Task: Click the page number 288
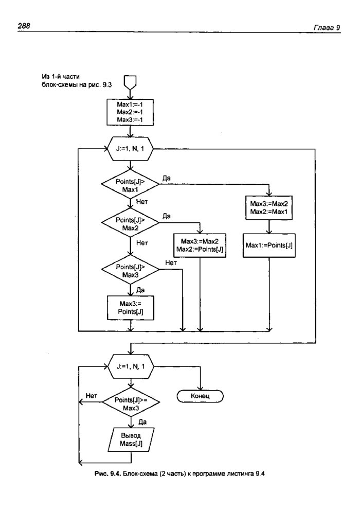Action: (24, 25)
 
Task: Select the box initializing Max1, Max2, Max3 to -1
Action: (131, 112)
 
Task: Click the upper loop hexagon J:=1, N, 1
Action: (131, 149)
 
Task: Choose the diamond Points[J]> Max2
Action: (131, 224)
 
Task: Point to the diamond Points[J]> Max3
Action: (131, 270)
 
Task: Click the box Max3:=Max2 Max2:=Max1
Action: (269, 208)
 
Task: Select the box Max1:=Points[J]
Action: (269, 245)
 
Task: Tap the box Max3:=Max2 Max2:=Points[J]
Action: (200, 245)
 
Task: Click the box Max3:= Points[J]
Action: (131, 307)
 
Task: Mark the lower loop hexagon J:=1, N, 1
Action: (131, 366)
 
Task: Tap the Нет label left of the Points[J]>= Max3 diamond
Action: (92, 396)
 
